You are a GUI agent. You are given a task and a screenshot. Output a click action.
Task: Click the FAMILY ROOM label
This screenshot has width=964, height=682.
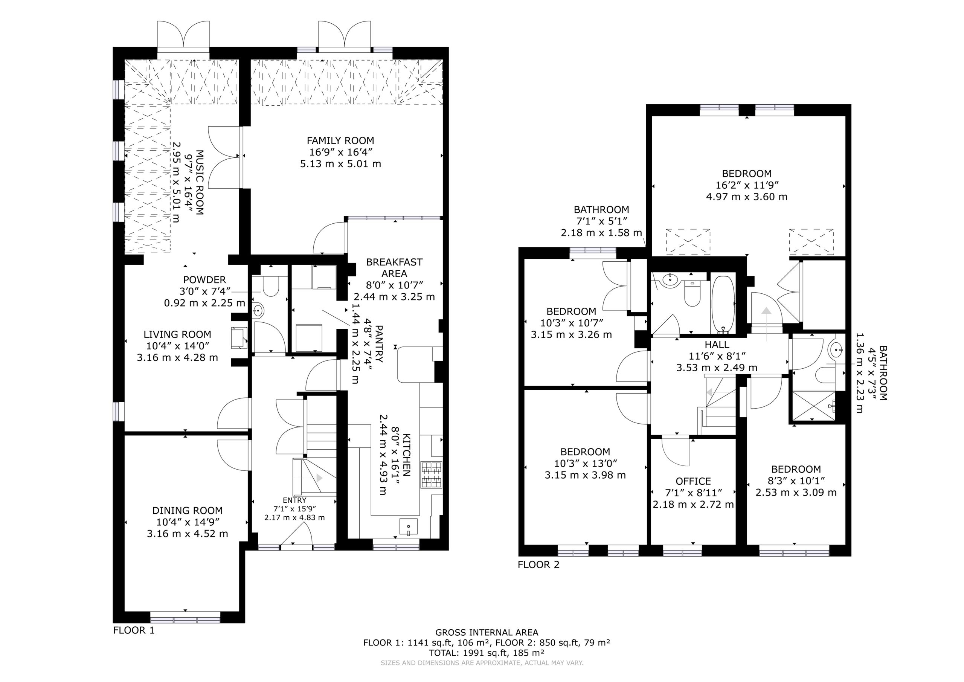pyautogui.click(x=340, y=141)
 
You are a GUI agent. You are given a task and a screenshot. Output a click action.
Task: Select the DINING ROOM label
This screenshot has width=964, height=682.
pyautogui.click(x=187, y=511)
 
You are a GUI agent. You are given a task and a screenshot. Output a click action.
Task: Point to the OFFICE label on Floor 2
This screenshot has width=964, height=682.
pyautogui.click(x=693, y=481)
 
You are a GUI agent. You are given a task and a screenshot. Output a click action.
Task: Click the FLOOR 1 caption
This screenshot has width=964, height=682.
pyautogui.click(x=134, y=630)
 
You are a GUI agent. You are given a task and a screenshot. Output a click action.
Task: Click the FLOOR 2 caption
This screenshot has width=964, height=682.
pyautogui.click(x=539, y=565)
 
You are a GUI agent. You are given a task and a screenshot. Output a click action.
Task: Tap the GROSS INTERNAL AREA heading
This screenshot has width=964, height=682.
pyautogui.click(x=487, y=632)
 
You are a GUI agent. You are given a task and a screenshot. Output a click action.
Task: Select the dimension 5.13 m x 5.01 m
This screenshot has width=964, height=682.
pyautogui.click(x=340, y=164)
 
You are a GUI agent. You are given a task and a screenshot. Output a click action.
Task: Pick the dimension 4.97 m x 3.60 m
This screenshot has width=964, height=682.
pyautogui.click(x=746, y=197)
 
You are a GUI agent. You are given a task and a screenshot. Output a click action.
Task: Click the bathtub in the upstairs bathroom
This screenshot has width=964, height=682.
pyautogui.click(x=723, y=304)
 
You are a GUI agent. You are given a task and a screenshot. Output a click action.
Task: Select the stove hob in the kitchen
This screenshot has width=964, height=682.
pyautogui.click(x=431, y=475)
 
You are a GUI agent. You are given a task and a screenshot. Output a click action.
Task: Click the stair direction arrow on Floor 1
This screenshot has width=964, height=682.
pyautogui.click(x=320, y=478)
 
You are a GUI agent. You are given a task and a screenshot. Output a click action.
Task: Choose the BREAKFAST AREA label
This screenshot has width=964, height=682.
pyautogui.click(x=394, y=268)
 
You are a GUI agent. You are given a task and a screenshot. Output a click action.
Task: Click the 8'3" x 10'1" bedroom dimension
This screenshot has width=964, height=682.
pyautogui.click(x=796, y=481)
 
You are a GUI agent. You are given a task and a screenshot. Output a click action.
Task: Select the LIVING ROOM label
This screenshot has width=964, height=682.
pyautogui.click(x=177, y=335)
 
